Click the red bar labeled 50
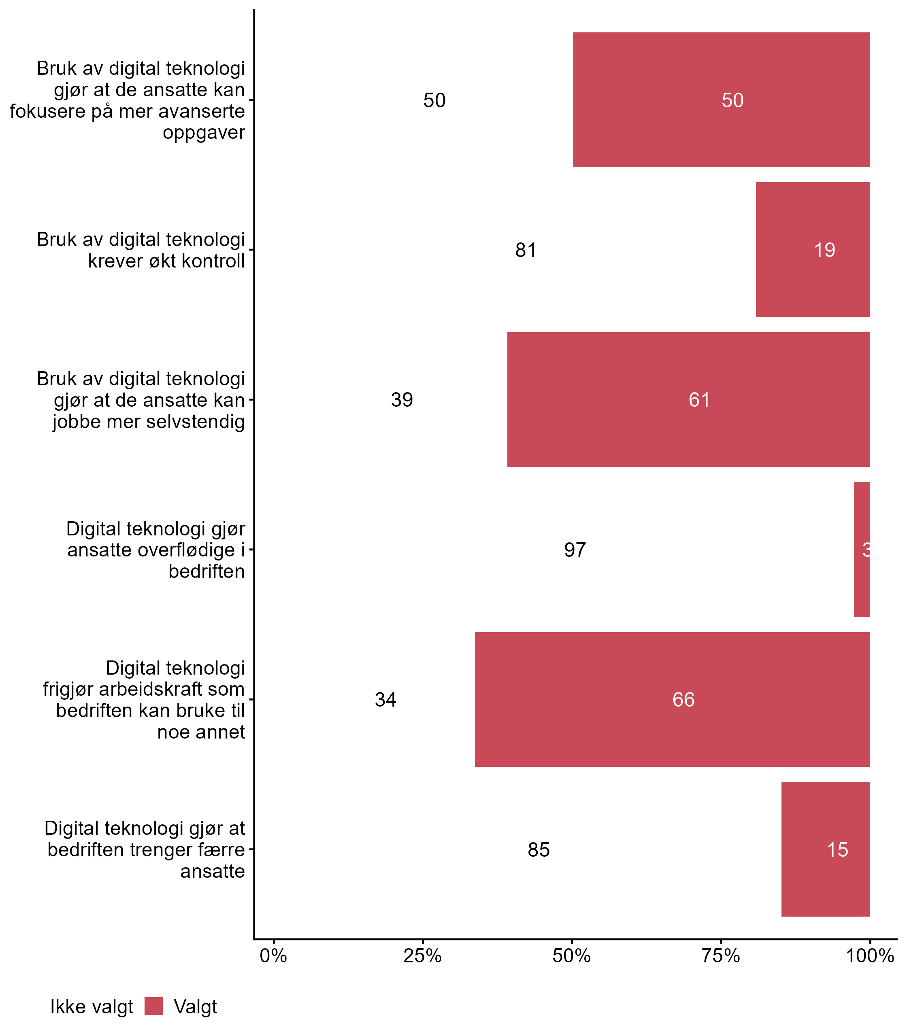pyautogui.click(x=721, y=100)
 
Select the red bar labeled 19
pyautogui.click(x=812, y=249)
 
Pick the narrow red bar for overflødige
pyautogui.click(x=862, y=550)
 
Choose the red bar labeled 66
pyautogui.click(x=672, y=699)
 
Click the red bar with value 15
pyautogui.click(x=826, y=849)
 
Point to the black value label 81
pyautogui.click(x=526, y=250)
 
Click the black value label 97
pyautogui.click(x=575, y=550)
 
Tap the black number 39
pyautogui.click(x=402, y=400)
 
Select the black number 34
pyautogui.click(x=385, y=700)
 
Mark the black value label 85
pyautogui.click(x=539, y=850)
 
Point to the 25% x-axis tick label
pyautogui.click(x=423, y=955)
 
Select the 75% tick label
pyautogui.click(x=721, y=955)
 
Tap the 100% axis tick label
pyautogui.click(x=870, y=955)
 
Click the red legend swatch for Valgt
pyautogui.click(x=153, y=1006)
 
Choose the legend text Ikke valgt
pyautogui.click(x=92, y=1007)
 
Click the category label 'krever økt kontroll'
pyautogui.click(x=166, y=261)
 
